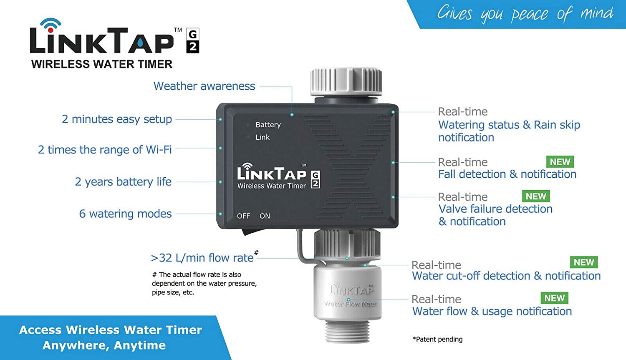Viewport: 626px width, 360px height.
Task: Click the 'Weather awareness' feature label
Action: tap(204, 86)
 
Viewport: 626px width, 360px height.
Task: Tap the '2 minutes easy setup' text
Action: tap(117, 119)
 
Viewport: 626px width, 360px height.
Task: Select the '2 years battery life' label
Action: tap(123, 182)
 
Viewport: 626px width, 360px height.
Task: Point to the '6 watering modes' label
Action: tap(125, 214)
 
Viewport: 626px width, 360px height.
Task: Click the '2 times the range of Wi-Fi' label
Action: tap(105, 150)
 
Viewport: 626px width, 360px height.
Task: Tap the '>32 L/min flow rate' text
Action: tap(202, 258)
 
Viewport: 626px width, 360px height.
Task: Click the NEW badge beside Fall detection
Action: tap(560, 162)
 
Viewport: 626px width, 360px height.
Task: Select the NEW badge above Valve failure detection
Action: tap(536, 196)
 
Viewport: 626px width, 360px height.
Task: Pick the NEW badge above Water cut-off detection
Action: tap(583, 262)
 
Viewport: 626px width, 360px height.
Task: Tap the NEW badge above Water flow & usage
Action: tap(554, 298)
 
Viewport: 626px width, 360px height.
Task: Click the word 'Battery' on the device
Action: tap(268, 125)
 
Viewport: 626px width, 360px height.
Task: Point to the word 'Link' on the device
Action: tap(263, 137)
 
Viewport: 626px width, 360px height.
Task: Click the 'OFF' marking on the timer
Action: tap(244, 216)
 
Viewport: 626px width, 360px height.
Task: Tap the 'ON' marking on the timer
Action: tap(265, 216)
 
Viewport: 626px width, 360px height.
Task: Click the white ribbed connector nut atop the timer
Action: tap(346, 81)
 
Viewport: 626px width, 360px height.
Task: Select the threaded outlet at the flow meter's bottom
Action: tap(347, 332)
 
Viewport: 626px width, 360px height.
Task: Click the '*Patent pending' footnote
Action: tap(437, 339)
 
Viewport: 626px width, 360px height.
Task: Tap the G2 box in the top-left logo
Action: tap(192, 41)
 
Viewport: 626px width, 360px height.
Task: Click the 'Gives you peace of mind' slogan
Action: tap(525, 14)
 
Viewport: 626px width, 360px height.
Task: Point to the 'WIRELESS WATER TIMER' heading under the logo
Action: tap(102, 64)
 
